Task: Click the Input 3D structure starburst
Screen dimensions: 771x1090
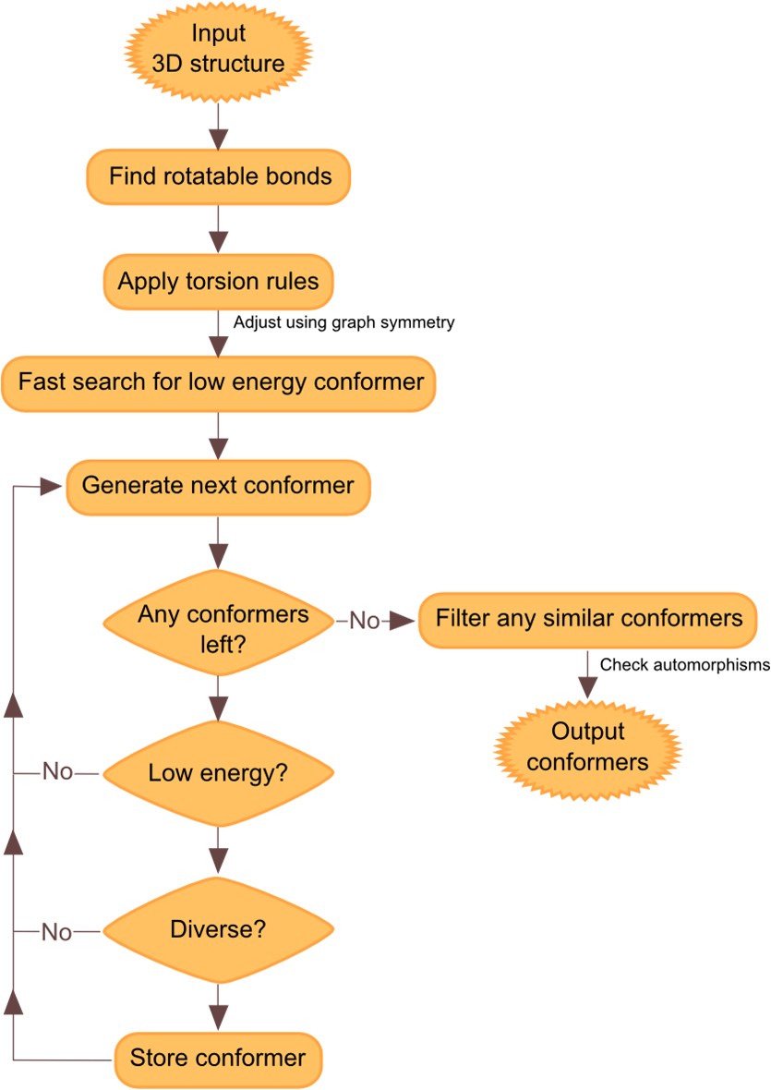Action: pos(218,52)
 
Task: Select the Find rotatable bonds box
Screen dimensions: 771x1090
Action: pos(218,176)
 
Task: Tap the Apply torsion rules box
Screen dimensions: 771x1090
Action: pos(218,282)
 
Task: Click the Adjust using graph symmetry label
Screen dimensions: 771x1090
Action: pos(343,322)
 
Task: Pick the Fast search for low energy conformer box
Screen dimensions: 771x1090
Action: pos(218,383)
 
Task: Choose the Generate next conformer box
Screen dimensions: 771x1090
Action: pos(218,488)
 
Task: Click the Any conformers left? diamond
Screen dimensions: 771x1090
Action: pos(218,623)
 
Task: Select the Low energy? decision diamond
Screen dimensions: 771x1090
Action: pos(218,774)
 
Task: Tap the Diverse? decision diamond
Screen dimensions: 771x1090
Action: pos(218,930)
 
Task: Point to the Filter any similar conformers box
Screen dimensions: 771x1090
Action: pos(587,620)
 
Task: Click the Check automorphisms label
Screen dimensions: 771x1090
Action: pos(685,665)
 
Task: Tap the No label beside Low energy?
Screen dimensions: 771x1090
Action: pos(57,771)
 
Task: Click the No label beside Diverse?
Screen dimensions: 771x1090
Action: pos(57,932)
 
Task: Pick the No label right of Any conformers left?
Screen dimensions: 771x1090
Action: pos(365,620)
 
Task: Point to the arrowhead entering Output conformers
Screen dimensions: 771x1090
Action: pos(587,687)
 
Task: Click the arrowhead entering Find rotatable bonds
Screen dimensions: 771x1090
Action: pos(218,139)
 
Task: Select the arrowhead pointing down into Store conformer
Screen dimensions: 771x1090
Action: pos(218,1019)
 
